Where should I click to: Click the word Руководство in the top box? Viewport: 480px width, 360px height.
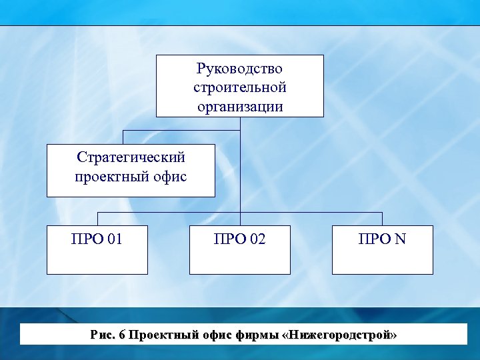[x=240, y=69]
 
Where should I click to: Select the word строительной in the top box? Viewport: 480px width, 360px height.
[x=240, y=87]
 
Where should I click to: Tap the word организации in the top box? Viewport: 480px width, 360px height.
[x=240, y=106]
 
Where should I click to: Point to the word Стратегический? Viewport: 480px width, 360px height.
[x=131, y=158]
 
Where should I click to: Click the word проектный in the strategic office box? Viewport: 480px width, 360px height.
[x=107, y=177]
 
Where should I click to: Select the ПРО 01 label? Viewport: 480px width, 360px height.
[x=97, y=238]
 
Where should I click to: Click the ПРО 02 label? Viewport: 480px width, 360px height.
[x=240, y=238]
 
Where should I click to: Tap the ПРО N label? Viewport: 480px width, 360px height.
[x=383, y=238]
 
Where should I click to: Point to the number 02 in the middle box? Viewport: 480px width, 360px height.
[x=256, y=238]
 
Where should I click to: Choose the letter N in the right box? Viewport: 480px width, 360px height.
[x=400, y=238]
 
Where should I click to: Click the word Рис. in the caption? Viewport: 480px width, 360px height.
[x=102, y=335]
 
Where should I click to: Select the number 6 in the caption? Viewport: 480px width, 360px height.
[x=121, y=335]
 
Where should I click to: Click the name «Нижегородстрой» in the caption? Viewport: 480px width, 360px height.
[x=340, y=335]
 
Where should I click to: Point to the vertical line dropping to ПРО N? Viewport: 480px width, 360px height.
[x=382, y=219]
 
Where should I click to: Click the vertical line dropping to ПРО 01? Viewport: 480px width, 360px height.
[x=98, y=219]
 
